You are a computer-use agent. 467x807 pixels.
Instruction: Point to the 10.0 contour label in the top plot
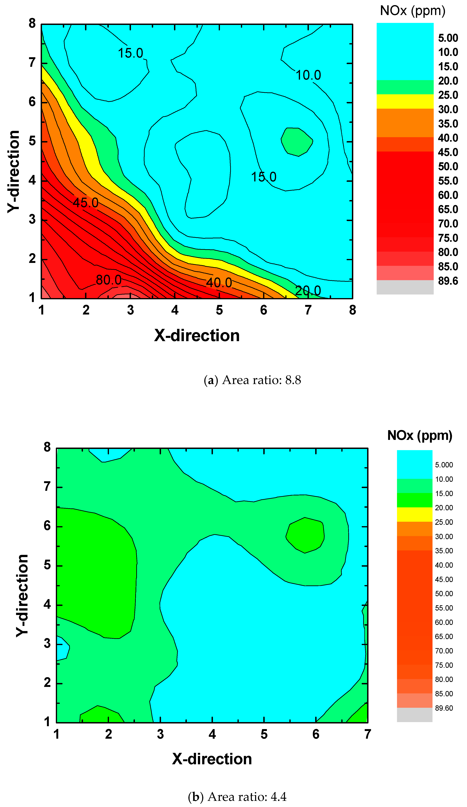click(x=308, y=75)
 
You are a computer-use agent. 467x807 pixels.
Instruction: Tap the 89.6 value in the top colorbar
click(x=448, y=281)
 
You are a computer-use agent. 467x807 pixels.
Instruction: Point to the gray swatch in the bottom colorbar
click(x=415, y=715)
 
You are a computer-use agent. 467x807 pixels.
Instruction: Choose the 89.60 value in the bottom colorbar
click(x=444, y=708)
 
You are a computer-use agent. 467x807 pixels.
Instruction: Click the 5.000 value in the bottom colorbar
click(x=444, y=465)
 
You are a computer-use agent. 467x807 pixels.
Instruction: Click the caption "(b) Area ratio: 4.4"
click(x=237, y=796)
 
